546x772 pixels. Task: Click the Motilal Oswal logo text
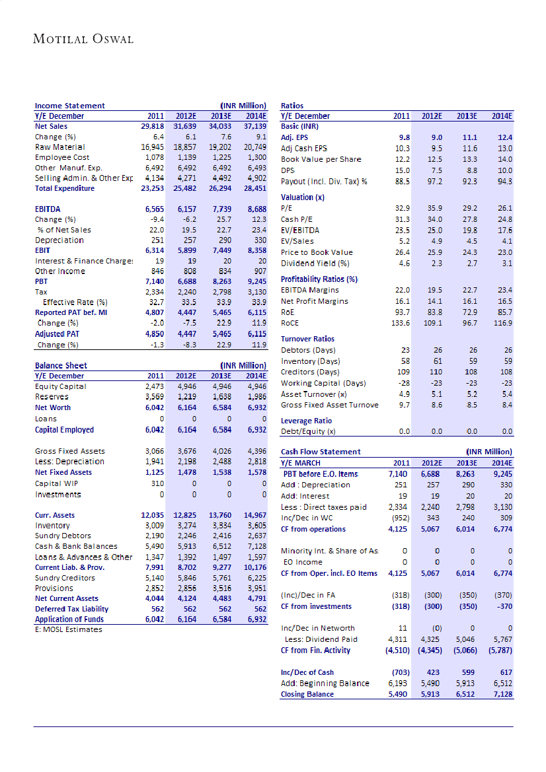click(83, 39)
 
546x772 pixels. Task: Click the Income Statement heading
click(69, 106)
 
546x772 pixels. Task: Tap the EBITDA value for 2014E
click(255, 209)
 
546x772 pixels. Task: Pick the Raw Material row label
click(60, 147)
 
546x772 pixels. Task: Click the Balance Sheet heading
click(61, 365)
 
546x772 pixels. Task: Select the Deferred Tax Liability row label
click(71, 609)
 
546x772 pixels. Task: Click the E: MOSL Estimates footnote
click(69, 629)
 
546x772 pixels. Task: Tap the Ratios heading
click(292, 106)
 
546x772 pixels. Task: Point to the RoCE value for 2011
click(401, 323)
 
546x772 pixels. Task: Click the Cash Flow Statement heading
click(321, 452)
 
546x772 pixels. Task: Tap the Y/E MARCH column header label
click(301, 463)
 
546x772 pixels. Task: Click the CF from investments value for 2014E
click(502, 606)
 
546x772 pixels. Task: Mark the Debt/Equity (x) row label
click(308, 432)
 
